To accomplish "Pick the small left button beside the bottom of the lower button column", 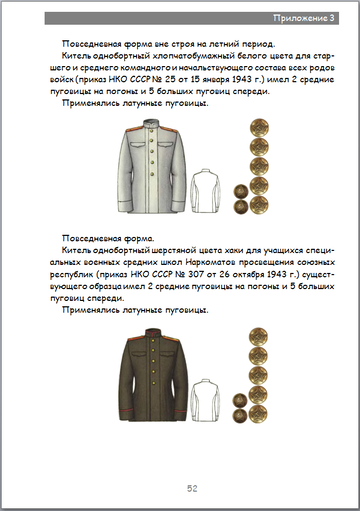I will point(241,396).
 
